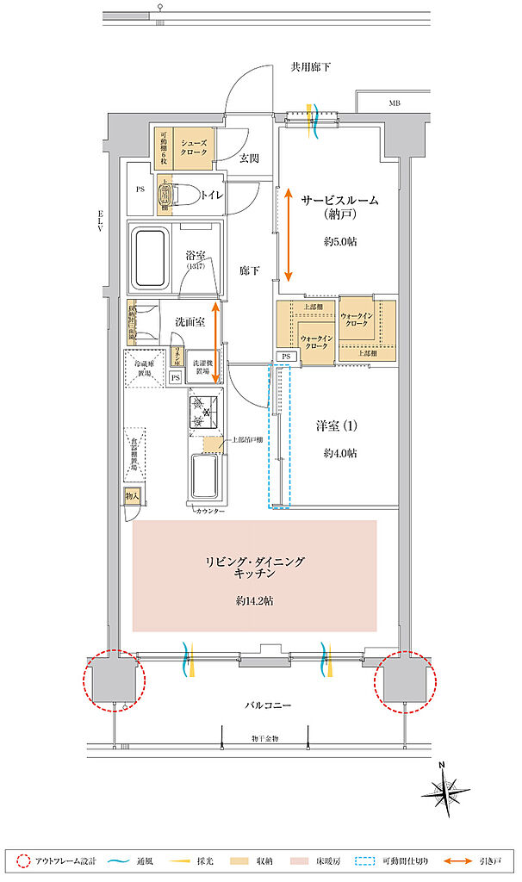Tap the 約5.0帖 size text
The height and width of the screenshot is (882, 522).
pos(340,242)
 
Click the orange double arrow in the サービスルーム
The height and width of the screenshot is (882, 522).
pos(289,233)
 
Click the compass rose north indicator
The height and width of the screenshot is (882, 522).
pos(447,791)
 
